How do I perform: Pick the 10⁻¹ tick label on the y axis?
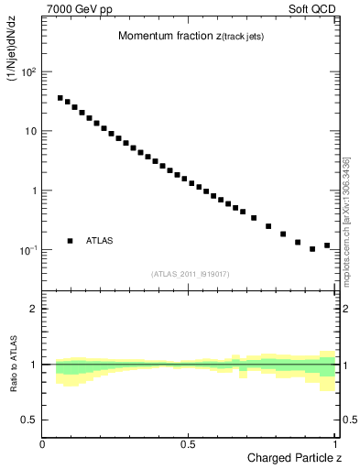[27, 249]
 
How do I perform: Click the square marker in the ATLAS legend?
[70, 241]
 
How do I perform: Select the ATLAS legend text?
[100, 241]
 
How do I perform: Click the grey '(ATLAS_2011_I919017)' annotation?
[190, 273]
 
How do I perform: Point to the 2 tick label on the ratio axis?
[34, 309]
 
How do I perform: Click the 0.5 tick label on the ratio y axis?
[29, 420]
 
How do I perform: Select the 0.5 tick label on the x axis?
[188, 444]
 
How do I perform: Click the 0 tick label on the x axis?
[43, 444]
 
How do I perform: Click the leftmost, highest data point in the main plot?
[60, 98]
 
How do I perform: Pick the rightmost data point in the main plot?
[327, 245]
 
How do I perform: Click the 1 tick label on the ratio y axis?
[34, 365]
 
